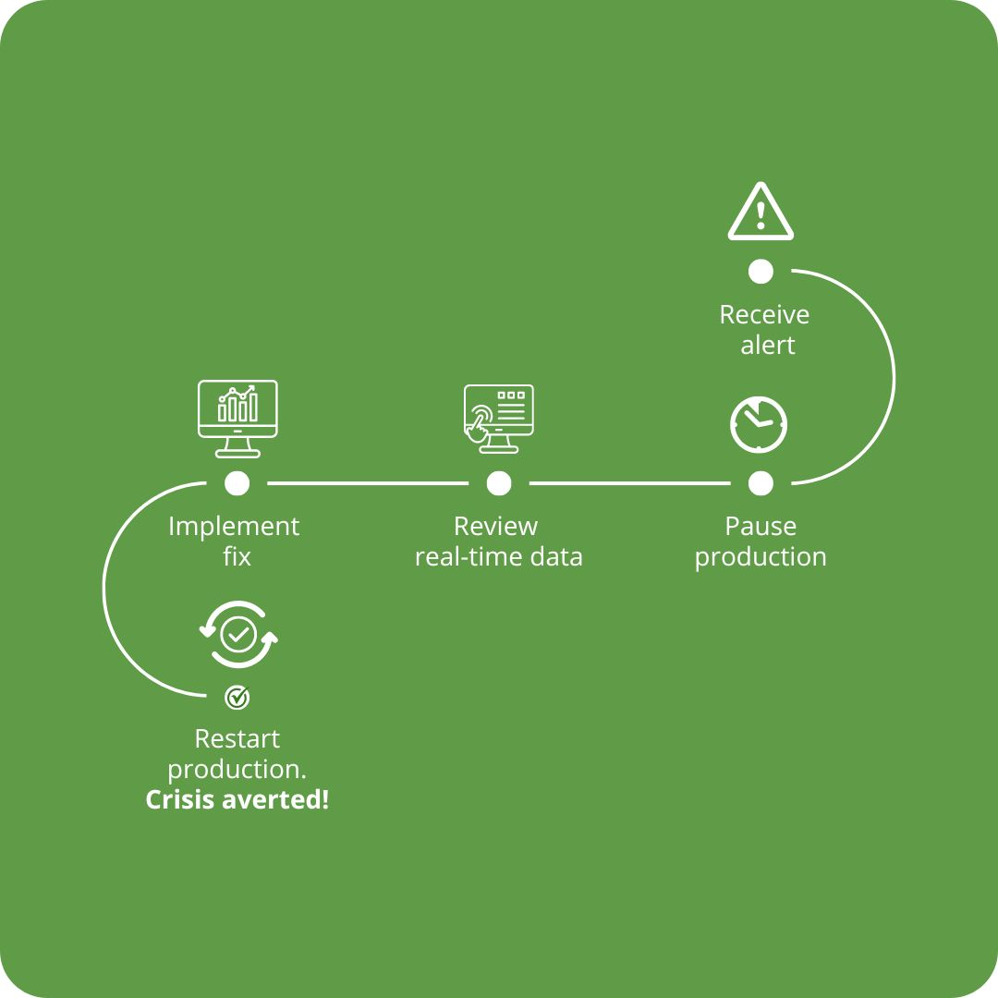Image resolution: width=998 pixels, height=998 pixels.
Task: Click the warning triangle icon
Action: pos(761,212)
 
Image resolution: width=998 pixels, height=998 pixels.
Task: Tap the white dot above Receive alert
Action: pos(761,272)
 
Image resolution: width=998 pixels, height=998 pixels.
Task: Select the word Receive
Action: pos(764,314)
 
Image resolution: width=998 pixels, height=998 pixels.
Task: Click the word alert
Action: pos(768,345)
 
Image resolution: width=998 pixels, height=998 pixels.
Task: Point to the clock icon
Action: pos(759,424)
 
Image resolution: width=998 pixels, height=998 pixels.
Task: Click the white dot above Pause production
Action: pos(761,483)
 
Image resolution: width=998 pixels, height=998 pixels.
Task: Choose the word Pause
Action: pos(761,527)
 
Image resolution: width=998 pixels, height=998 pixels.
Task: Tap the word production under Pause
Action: pos(761,557)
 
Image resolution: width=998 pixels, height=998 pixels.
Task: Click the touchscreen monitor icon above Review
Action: pos(498,419)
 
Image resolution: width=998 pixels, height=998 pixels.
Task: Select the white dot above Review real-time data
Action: pos(499,483)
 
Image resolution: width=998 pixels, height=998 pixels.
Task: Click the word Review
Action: pos(496,527)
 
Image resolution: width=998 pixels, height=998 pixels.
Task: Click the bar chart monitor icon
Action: pos(237,419)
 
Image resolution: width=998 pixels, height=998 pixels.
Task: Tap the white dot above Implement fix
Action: pos(237,483)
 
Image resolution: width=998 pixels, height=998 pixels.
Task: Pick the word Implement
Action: pos(234,527)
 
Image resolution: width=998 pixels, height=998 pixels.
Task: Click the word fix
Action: pos(237,557)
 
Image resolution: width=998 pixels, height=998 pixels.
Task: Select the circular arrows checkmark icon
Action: pos(238,635)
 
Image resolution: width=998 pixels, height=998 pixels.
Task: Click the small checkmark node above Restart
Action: pos(237,698)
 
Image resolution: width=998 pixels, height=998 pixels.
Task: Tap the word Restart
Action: pos(237,739)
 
